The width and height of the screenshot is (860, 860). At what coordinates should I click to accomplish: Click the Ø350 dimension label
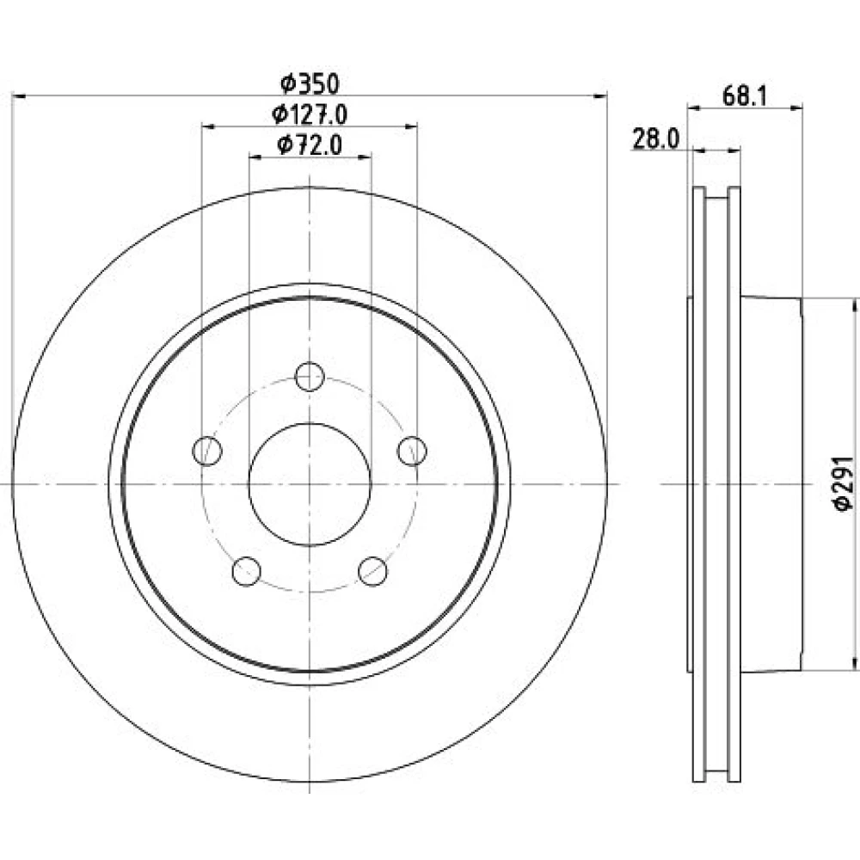click(x=310, y=84)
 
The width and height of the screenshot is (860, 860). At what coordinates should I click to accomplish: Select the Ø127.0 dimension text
click(x=310, y=114)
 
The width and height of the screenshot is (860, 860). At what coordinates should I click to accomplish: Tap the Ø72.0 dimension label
click(x=310, y=145)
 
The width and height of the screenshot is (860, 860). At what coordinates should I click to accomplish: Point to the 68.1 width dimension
click(x=744, y=96)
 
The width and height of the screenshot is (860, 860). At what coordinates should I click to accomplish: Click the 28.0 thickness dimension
click(x=656, y=138)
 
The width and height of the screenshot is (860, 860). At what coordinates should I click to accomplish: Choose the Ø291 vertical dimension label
click(x=845, y=483)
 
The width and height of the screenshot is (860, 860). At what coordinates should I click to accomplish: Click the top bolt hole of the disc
click(x=310, y=377)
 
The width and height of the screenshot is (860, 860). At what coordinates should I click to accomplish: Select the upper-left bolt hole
click(x=207, y=451)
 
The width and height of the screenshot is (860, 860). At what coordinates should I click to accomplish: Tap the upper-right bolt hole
click(x=412, y=451)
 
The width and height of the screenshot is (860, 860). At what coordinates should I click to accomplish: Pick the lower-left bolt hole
click(x=246, y=571)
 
